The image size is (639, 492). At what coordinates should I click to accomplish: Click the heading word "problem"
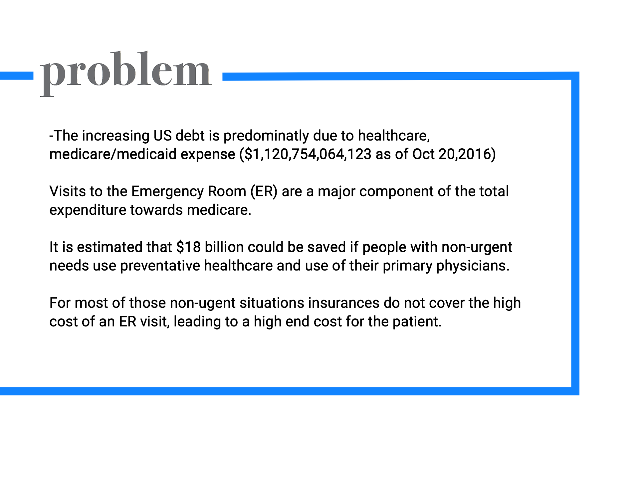[125, 73]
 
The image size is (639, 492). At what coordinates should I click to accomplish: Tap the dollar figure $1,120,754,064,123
[308, 155]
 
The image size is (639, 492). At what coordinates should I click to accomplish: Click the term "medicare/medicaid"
[113, 155]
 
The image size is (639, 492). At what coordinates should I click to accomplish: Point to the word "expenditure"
[88, 210]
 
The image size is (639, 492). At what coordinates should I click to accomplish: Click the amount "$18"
[188, 247]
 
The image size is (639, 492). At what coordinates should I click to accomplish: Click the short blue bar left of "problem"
[17, 76]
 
